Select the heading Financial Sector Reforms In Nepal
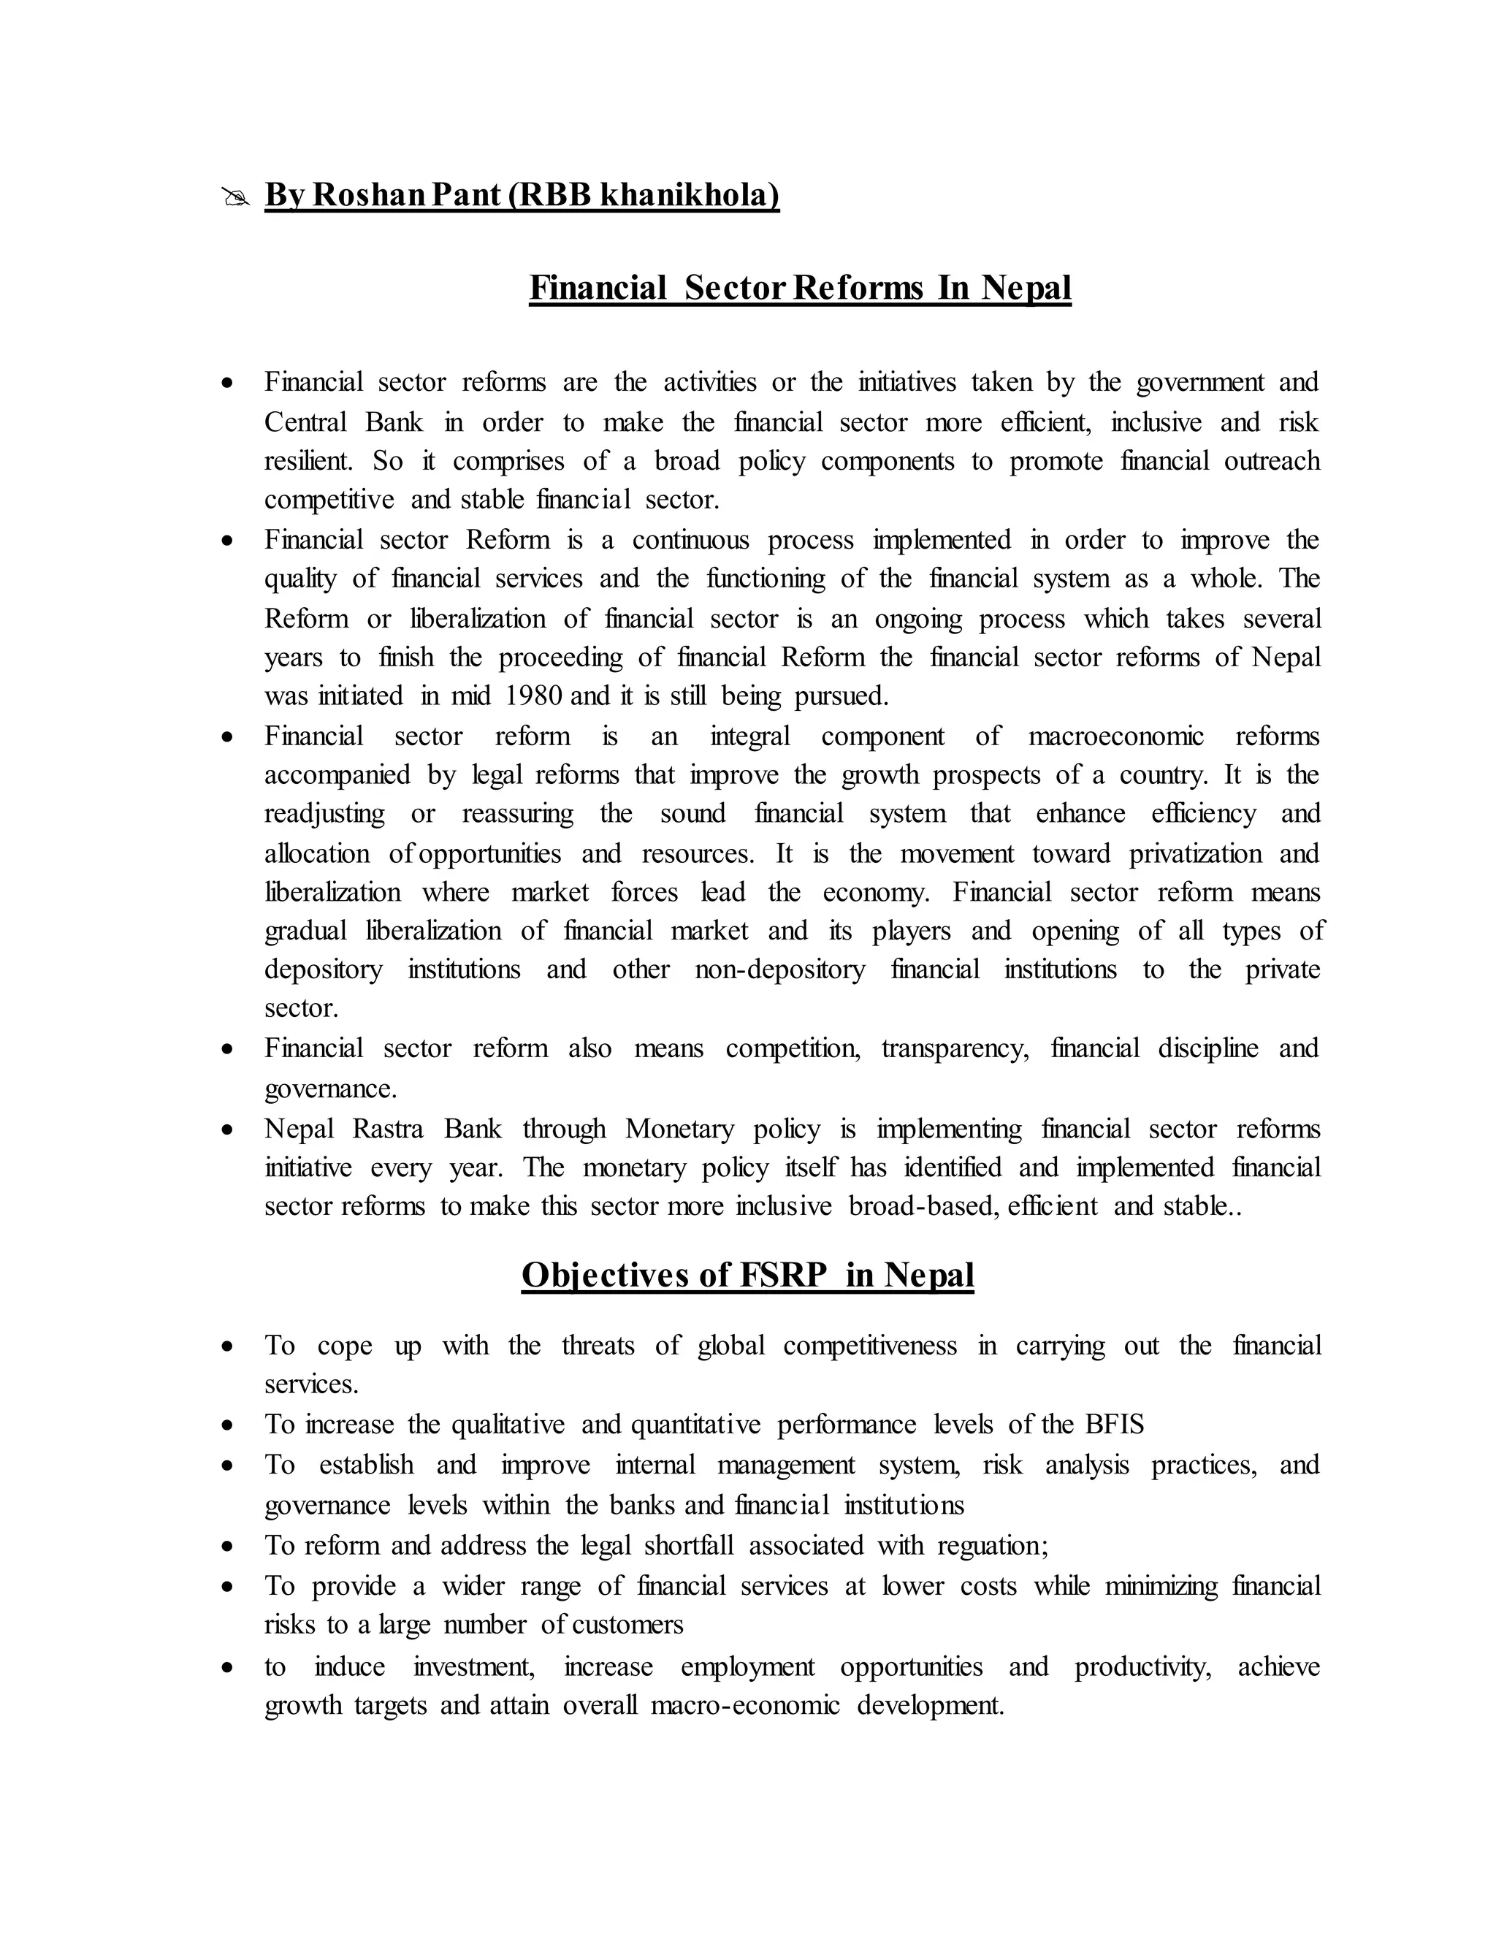[799, 288]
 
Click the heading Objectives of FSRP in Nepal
[747, 1275]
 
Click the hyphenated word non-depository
[779, 969]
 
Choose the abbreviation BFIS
[1113, 1424]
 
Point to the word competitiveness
[869, 1346]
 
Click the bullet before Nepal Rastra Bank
[229, 1130]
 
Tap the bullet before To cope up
[229, 1347]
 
